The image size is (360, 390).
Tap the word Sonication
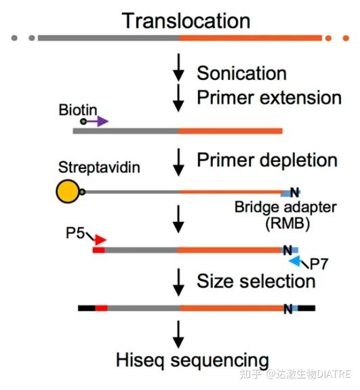(241, 73)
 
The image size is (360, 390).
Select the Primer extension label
(268, 98)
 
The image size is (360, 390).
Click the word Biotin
(78, 109)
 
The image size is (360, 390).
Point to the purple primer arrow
(98, 121)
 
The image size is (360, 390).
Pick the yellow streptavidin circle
(68, 193)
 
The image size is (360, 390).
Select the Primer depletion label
(266, 161)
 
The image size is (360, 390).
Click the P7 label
(318, 264)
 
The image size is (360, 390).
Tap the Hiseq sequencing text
(191, 359)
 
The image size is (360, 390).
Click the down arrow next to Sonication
(178, 68)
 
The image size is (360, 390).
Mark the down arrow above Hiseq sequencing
(178, 333)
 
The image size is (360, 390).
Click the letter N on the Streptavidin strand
(294, 192)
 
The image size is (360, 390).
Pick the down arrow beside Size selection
(178, 280)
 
